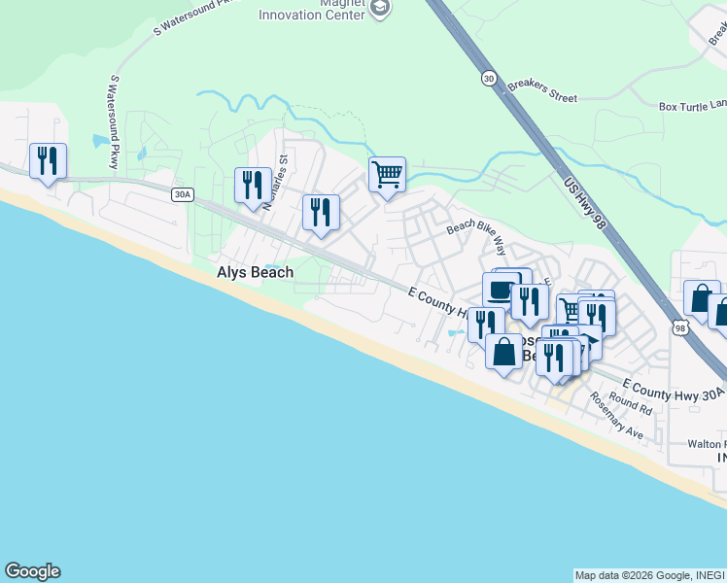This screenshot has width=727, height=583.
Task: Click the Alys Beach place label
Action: [x=255, y=273]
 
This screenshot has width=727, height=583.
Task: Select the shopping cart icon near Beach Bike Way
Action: [x=387, y=175]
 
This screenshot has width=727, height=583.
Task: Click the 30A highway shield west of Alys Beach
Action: [x=182, y=195]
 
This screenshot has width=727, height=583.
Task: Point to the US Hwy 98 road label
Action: [x=585, y=202]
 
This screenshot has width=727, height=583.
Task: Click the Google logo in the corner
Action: [x=32, y=571]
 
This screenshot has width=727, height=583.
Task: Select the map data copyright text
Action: [x=649, y=575]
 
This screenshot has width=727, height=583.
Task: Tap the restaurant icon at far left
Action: [x=48, y=160]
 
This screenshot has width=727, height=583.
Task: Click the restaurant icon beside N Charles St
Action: [x=253, y=185]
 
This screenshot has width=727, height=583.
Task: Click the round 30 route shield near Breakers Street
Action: [x=487, y=77]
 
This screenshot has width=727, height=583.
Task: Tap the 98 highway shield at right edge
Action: [x=680, y=329]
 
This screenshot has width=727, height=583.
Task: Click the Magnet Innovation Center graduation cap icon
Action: [x=380, y=9]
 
